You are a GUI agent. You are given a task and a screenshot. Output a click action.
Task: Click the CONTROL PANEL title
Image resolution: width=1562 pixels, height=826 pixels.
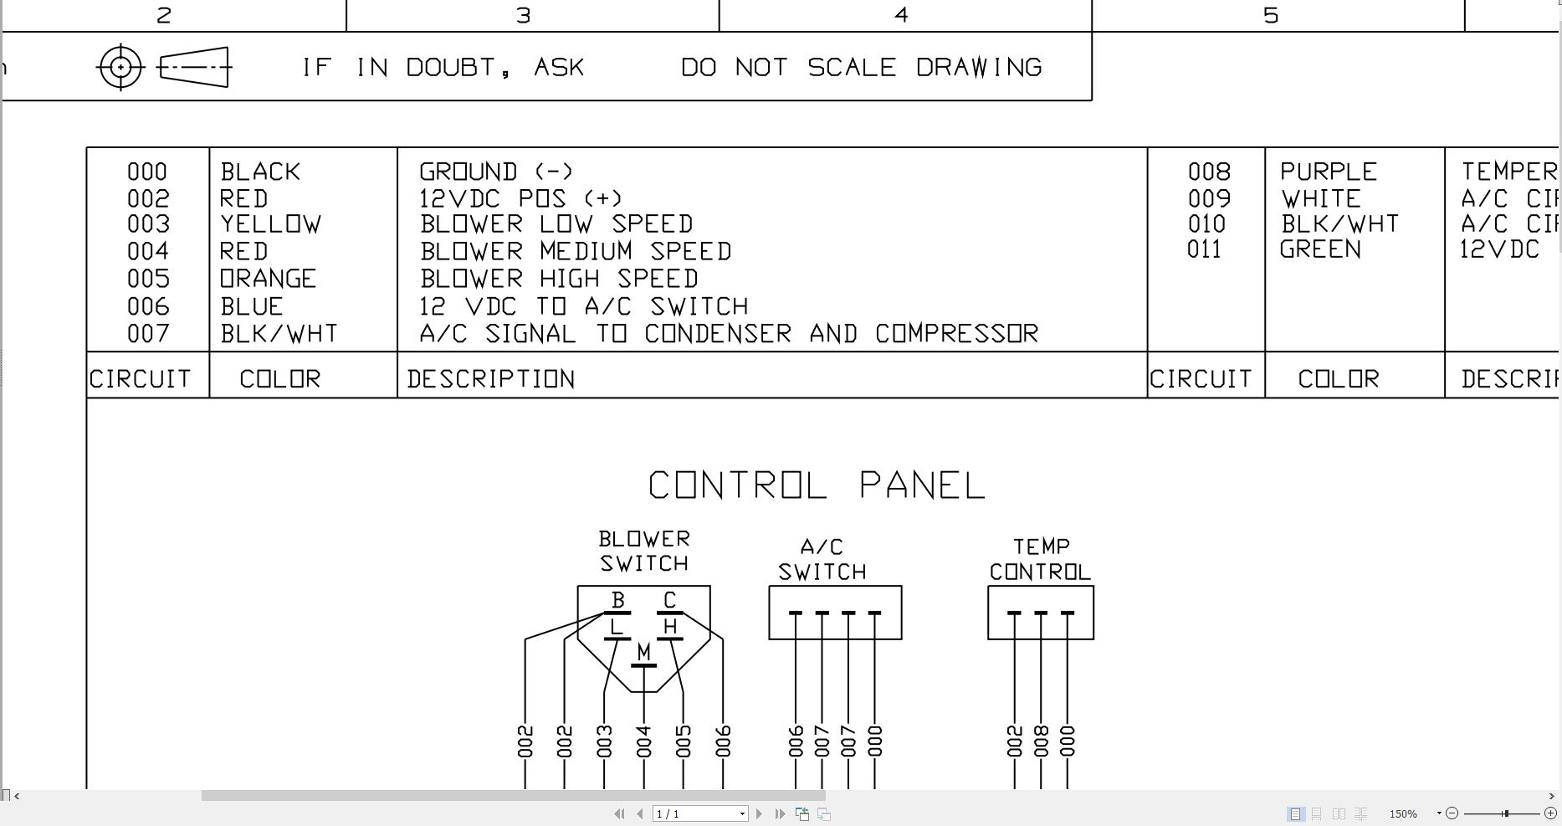817,486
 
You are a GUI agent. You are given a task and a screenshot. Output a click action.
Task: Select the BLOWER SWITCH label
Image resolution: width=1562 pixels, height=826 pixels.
644,551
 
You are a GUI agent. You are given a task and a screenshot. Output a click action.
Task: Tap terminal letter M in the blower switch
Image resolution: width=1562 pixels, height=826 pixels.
643,651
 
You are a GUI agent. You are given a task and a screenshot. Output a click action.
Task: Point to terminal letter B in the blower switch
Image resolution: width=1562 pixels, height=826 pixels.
618,600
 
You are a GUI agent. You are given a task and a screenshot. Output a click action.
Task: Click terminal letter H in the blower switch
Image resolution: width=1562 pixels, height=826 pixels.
669,627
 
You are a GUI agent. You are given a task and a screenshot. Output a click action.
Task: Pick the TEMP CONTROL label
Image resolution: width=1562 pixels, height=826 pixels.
1040,559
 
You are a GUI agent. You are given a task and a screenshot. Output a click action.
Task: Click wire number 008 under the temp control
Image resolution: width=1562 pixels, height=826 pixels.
1041,741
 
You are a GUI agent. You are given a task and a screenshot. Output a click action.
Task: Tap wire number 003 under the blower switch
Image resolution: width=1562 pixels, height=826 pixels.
604,741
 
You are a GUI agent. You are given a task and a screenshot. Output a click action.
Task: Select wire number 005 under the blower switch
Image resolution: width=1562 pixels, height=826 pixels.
684,741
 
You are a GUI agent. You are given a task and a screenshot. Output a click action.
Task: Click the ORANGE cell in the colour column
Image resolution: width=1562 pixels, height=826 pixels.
269,279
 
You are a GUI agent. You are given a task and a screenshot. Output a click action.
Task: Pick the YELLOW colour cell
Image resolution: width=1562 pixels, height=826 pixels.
271,224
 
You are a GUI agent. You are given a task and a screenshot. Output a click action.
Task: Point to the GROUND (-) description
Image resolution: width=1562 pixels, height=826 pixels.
496,172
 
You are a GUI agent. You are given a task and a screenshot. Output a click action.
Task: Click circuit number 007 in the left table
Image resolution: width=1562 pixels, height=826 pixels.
148,334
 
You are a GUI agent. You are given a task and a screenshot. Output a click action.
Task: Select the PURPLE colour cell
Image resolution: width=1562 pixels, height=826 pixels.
1329,172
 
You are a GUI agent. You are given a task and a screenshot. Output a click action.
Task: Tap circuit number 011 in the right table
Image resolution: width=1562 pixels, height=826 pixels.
1204,249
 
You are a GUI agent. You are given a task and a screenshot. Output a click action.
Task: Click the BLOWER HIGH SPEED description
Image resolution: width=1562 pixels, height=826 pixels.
559,279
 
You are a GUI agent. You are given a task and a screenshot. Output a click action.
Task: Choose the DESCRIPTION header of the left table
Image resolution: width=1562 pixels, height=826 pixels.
491,379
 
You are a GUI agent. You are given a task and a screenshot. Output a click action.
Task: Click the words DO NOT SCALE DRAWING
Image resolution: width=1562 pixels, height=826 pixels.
862,67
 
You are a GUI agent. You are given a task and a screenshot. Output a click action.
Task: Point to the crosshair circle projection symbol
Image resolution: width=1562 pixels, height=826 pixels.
121,67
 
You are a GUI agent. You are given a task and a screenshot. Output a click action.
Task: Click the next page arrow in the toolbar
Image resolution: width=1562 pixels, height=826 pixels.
759,813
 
